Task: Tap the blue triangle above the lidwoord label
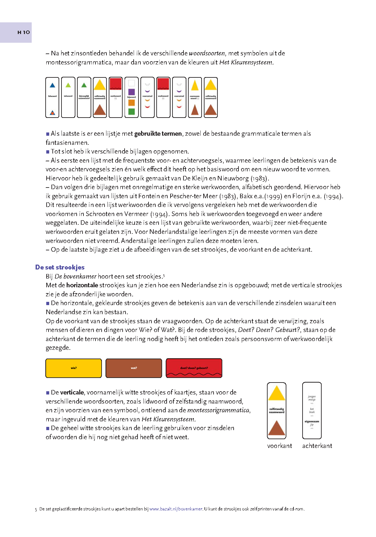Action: pos(52,86)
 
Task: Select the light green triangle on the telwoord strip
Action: pos(68,86)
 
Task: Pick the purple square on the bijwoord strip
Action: pos(131,92)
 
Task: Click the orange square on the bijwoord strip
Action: pos(131,103)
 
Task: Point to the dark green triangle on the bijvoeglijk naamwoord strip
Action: pos(84,86)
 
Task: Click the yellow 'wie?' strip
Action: pos(74,368)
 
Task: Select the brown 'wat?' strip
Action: pos(134,368)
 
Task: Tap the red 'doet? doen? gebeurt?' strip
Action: pos(194,368)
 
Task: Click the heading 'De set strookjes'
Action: pos(60,267)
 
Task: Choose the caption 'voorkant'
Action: pos(280,446)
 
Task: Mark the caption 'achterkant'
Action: pos(317,446)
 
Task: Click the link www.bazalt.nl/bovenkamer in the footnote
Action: pos(176,509)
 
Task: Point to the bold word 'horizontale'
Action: pos(82,285)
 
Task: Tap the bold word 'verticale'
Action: pos(72,393)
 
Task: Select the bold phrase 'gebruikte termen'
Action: pos(158,134)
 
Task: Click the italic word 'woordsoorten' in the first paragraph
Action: pos(207,53)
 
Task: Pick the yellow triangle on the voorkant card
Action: pos(277,394)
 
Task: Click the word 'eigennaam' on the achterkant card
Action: pos(312,421)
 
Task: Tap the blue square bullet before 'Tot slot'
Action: pos(48,152)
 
